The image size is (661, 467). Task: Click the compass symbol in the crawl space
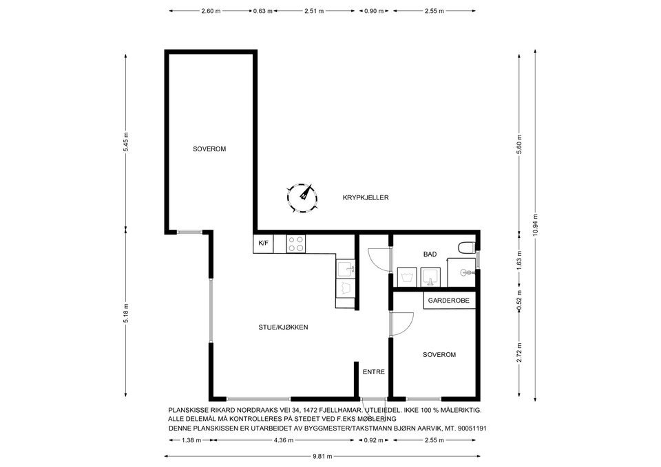pyautogui.click(x=302, y=199)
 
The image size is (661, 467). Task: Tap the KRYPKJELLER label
pyautogui.click(x=366, y=197)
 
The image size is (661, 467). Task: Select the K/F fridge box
pyautogui.click(x=263, y=243)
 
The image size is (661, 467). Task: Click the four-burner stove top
pyautogui.click(x=296, y=244)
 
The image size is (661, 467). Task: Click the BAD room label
pyautogui.click(x=430, y=254)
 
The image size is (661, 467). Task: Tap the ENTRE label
pyautogui.click(x=373, y=372)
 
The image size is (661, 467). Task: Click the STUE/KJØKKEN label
pyautogui.click(x=283, y=327)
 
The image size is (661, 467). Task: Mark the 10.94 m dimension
pyautogui.click(x=536, y=226)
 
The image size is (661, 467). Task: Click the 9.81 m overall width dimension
pyautogui.click(x=322, y=456)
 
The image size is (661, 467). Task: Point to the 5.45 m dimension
pyautogui.click(x=125, y=143)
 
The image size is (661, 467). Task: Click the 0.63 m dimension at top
pyautogui.click(x=262, y=11)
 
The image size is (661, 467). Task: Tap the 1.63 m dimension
pyautogui.click(x=519, y=259)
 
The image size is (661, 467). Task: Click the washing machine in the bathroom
pyautogui.click(x=407, y=277)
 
